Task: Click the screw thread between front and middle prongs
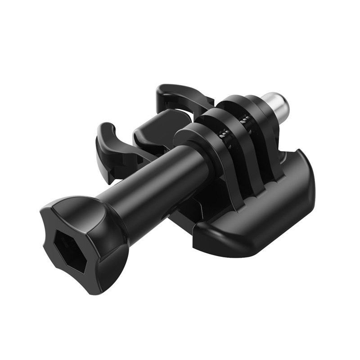pos(222,132)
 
